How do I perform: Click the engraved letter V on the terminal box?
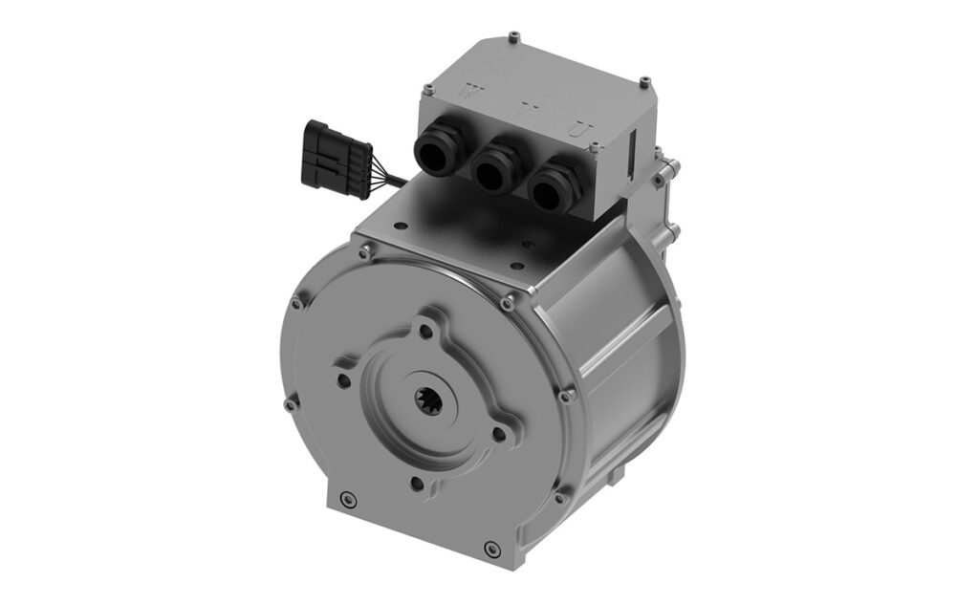pyautogui.click(x=522, y=111)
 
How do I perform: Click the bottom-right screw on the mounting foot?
pyautogui.click(x=491, y=549)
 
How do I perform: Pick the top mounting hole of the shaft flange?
pyautogui.click(x=421, y=332)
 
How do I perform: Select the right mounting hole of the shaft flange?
pyautogui.click(x=497, y=435)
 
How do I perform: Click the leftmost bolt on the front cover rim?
pyautogui.click(x=290, y=405)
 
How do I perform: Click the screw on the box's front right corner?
pyautogui.click(x=596, y=147)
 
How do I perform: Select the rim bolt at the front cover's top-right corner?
pyautogui.click(x=508, y=304)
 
